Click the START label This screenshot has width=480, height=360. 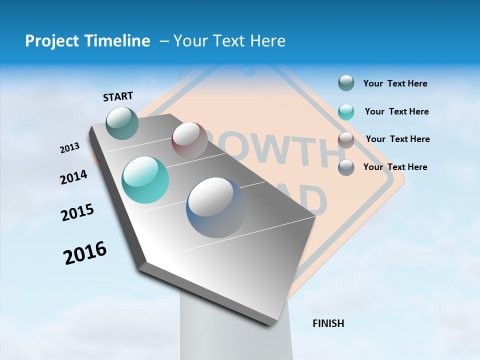pos(118,96)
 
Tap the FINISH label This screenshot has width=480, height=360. pos(328,323)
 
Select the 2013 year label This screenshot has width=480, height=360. pos(70,148)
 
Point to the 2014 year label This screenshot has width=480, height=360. pos(73,177)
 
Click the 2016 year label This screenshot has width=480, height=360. pos(85,252)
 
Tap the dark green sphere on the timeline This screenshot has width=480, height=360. pos(122,123)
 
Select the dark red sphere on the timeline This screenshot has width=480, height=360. pos(189,139)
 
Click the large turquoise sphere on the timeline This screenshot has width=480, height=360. pos(145,179)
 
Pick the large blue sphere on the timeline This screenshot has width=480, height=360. pos(216,207)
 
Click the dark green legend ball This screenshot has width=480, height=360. pos(346,83)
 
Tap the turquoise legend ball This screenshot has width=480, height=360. pos(346,112)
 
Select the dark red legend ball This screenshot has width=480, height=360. pos(346,139)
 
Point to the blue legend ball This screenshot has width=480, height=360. pos(346,167)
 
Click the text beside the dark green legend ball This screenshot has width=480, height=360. pos(395,83)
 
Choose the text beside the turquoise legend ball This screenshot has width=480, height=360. pos(396,111)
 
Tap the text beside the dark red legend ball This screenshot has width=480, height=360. pos(397,139)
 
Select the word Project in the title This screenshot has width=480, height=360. pos(49,41)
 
